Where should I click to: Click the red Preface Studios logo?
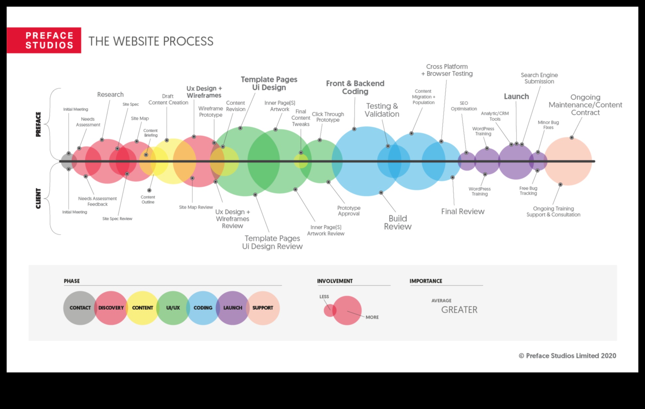[x=44, y=40]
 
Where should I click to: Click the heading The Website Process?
[x=151, y=41]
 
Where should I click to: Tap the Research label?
[x=110, y=94]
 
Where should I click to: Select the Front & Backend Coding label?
[x=355, y=87]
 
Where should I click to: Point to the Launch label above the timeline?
[x=516, y=96]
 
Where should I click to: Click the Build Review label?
[x=398, y=222]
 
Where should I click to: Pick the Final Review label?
[x=462, y=211]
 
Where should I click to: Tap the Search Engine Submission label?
[x=539, y=78]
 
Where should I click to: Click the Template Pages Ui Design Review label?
[x=272, y=242]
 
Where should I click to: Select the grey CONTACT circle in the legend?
[x=80, y=308]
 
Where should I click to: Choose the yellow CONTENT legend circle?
[x=142, y=308]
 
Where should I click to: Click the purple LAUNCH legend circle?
[x=232, y=308]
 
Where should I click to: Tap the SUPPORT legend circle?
[x=263, y=308]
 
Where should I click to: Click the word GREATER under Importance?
[x=459, y=310]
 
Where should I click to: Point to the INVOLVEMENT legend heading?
[x=335, y=281]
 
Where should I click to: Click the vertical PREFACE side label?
[x=39, y=124]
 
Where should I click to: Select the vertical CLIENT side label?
[x=39, y=199]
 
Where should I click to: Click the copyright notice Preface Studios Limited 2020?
[x=567, y=356]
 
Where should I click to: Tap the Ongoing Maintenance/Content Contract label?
[x=585, y=105]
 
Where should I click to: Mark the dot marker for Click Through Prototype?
[x=320, y=140]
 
